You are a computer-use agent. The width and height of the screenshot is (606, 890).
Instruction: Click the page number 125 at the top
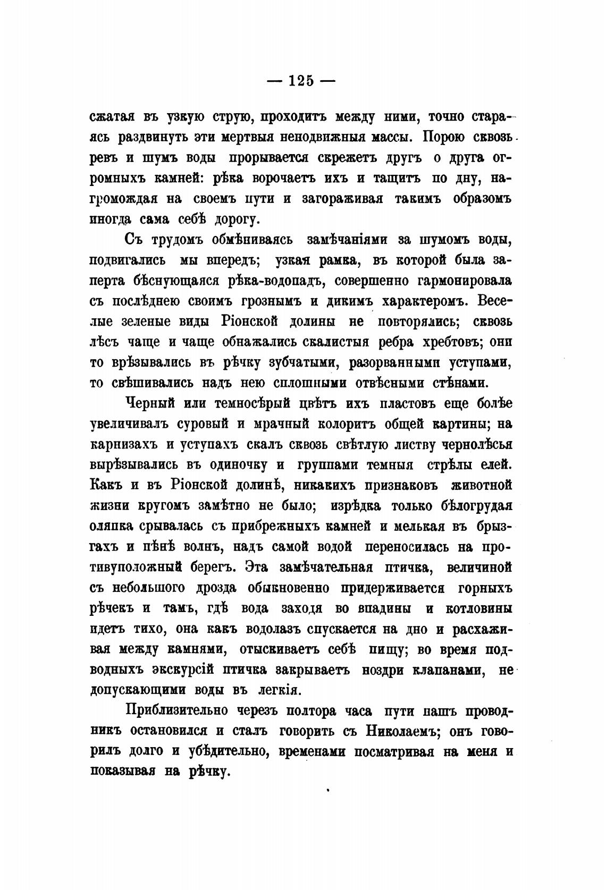(x=301, y=81)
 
